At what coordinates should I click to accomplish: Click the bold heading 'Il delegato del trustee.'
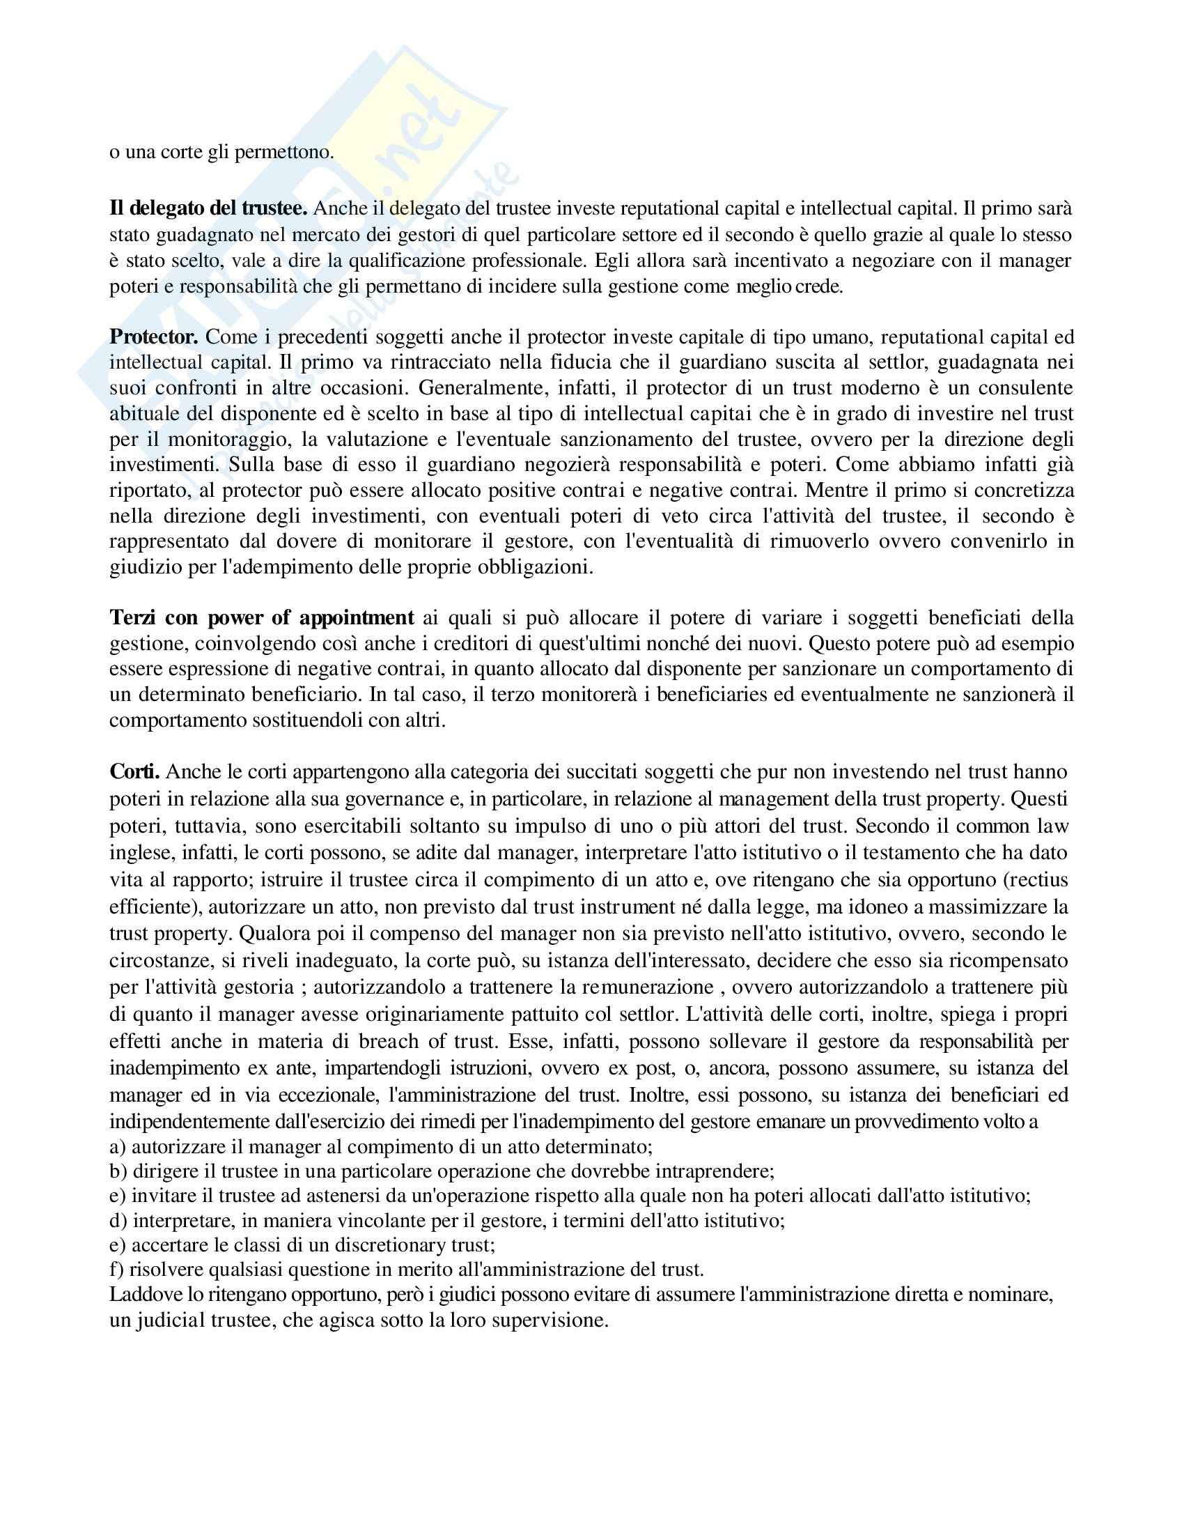point(208,208)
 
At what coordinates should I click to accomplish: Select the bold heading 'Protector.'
point(155,337)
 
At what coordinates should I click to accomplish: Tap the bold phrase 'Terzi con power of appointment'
point(262,617)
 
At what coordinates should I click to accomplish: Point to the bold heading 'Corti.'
point(134,772)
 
